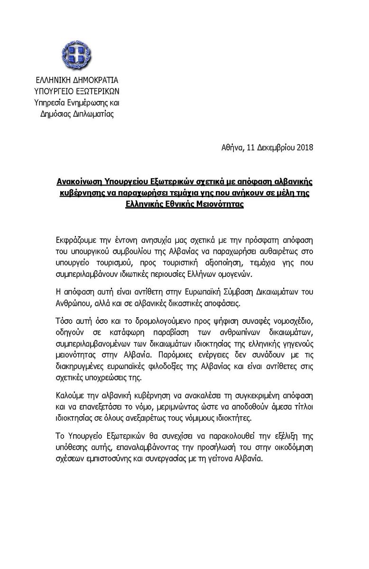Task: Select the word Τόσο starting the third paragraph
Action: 64,320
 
